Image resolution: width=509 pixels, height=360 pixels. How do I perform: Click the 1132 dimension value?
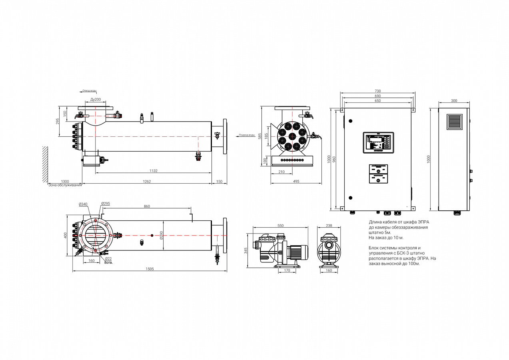pyautogui.click(x=154, y=170)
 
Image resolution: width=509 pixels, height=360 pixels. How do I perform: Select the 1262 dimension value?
pyautogui.click(x=147, y=182)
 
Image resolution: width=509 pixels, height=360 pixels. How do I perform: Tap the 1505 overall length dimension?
pyautogui.click(x=150, y=269)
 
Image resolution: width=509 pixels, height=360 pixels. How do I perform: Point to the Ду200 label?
pyautogui.click(x=95, y=99)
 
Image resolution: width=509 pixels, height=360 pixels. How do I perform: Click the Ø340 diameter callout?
pyautogui.click(x=83, y=204)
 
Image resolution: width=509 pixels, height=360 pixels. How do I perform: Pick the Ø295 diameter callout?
pyautogui.click(x=106, y=203)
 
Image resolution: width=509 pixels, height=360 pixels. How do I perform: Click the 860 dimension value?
pyautogui.click(x=147, y=206)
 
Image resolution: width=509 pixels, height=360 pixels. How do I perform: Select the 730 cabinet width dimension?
pyautogui.click(x=377, y=91)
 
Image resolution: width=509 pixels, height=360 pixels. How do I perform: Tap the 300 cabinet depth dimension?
pyautogui.click(x=454, y=101)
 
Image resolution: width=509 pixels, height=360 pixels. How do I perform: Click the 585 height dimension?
pyautogui.click(x=260, y=136)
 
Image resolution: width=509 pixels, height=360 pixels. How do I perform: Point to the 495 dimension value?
pyautogui.click(x=296, y=182)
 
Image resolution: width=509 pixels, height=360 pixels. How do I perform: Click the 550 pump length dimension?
pyautogui.click(x=280, y=226)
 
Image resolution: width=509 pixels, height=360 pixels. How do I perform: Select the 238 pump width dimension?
pyautogui.click(x=329, y=226)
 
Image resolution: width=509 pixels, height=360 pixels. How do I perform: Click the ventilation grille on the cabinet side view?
pyautogui.click(x=454, y=123)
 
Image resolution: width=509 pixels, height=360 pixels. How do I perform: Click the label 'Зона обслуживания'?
pyautogui.click(x=65, y=185)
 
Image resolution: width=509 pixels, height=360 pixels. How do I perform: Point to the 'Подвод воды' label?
pyautogui.click(x=246, y=135)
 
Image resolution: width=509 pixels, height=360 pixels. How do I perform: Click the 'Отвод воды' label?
pyautogui.click(x=90, y=91)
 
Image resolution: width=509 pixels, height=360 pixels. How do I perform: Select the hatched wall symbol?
pyautogui.click(x=46, y=164)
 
